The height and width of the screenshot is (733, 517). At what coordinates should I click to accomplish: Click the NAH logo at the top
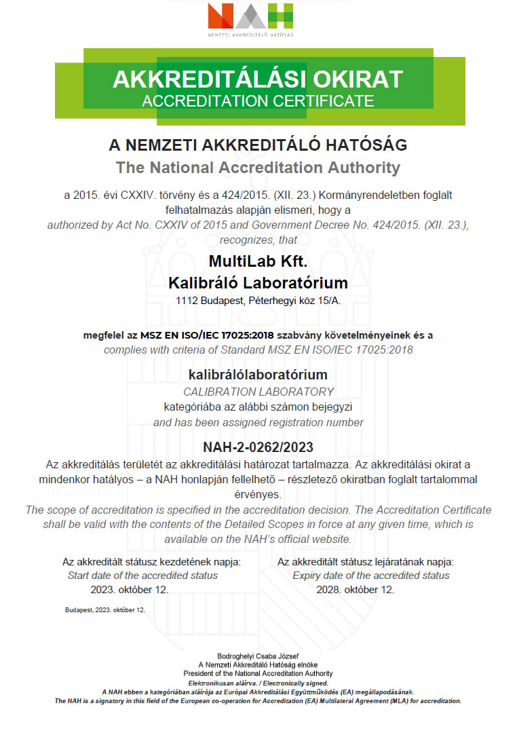[x=250, y=18]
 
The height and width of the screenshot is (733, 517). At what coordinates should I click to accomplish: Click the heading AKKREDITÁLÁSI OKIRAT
[x=258, y=79]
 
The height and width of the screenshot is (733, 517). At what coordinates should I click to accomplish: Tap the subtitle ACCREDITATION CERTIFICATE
[x=258, y=101]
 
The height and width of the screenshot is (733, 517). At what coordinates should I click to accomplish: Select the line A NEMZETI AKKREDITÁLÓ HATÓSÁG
[x=258, y=145]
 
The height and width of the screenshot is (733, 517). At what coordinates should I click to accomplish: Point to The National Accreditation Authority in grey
[x=258, y=167]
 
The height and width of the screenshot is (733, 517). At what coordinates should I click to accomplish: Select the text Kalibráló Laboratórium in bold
[x=258, y=282]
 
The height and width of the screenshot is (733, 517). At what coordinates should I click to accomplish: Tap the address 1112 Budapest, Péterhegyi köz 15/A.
[x=258, y=300]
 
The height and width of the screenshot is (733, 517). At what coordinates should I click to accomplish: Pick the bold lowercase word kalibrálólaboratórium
[x=258, y=374]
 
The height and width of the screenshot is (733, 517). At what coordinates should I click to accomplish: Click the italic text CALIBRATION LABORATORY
[x=258, y=392]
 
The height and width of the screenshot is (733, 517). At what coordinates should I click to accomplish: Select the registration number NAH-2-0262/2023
[x=258, y=447]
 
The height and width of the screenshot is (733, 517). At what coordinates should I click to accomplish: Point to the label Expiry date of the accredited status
[x=370, y=576]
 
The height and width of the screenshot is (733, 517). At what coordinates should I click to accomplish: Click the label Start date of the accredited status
[x=142, y=576]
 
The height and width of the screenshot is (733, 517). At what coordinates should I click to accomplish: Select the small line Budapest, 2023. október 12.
[x=105, y=610]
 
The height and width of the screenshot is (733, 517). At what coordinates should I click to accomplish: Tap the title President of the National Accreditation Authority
[x=258, y=673]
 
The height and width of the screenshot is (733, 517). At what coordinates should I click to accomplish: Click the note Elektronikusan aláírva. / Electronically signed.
[x=258, y=683]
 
